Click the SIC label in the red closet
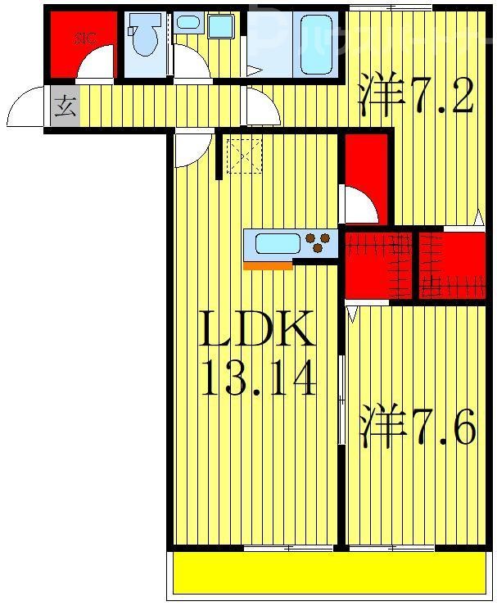click(x=84, y=37)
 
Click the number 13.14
click(x=257, y=379)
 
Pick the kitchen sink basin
click(x=278, y=242)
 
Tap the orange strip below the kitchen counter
click(x=267, y=265)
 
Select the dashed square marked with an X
click(x=242, y=156)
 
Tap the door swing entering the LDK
click(x=190, y=148)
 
